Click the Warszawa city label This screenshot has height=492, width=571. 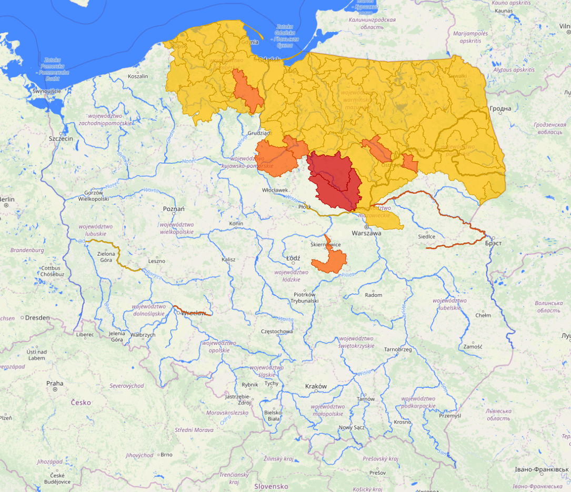click(x=367, y=233)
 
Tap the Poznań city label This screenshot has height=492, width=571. click(x=174, y=209)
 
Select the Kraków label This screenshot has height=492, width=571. click(x=316, y=386)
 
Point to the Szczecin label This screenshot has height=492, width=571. click(x=60, y=138)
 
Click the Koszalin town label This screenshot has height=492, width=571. click(x=138, y=76)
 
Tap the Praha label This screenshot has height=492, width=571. click(x=55, y=383)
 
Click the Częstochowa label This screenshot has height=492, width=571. click(x=277, y=332)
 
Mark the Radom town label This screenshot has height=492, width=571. click(x=373, y=295)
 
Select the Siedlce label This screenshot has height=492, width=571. click(x=426, y=236)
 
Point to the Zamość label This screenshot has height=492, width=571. click(x=473, y=347)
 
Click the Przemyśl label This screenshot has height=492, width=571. click(x=449, y=416)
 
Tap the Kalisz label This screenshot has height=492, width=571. click(x=228, y=260)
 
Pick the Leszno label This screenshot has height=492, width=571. click(x=156, y=261)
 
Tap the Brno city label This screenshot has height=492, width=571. click(x=166, y=455)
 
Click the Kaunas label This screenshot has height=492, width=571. click(x=503, y=11)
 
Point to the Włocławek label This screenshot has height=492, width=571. click(x=275, y=190)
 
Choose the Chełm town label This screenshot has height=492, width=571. click(x=483, y=316)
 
